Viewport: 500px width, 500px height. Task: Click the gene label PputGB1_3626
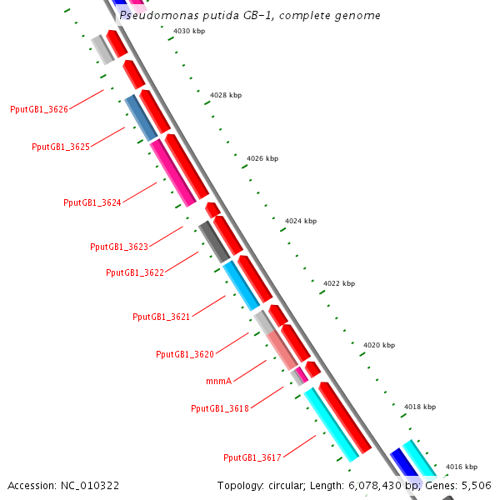pyautogui.click(x=39, y=109)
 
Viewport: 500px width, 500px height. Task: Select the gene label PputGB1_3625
pyautogui.click(x=61, y=147)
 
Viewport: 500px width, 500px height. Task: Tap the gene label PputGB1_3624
pyautogui.click(x=92, y=202)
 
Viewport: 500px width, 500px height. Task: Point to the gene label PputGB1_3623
pyautogui.click(x=119, y=247)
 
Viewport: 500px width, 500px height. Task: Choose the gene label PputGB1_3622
pyautogui.click(x=135, y=272)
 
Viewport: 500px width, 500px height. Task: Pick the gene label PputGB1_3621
pyautogui.click(x=162, y=317)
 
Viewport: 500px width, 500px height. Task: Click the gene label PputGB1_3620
pyautogui.click(x=185, y=354)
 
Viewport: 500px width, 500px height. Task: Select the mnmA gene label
pyautogui.click(x=218, y=381)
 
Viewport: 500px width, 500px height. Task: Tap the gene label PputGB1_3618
pyautogui.click(x=220, y=408)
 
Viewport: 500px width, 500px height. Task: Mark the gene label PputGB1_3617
pyautogui.click(x=252, y=457)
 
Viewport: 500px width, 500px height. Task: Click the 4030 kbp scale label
pyautogui.click(x=189, y=31)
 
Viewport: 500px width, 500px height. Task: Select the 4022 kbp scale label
pyautogui.click(x=339, y=283)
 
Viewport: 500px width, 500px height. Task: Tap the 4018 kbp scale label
pyautogui.click(x=419, y=407)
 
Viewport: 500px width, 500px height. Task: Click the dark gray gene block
pyautogui.click(x=213, y=242)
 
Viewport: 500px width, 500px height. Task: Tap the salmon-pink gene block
pyautogui.click(x=282, y=350)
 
